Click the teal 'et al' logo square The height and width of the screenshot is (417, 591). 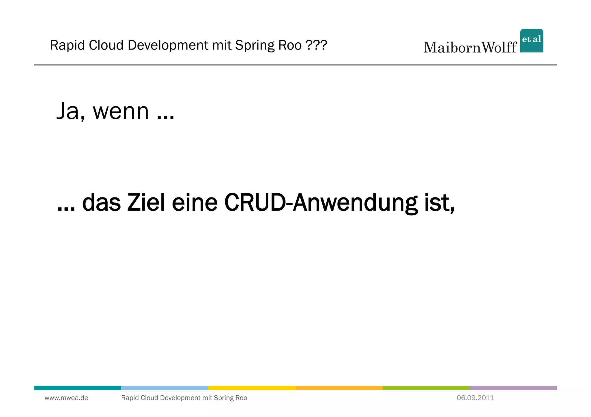coord(531,41)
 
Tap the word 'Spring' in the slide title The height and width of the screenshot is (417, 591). coord(254,45)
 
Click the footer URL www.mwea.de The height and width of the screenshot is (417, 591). coord(66,398)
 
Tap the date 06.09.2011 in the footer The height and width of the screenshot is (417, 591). coord(475,398)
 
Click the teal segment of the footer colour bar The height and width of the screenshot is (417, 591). coord(77,388)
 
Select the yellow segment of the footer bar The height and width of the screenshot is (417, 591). coord(252,388)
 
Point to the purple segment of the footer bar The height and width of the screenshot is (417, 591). coord(513,388)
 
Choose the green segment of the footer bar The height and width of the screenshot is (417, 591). coord(426,388)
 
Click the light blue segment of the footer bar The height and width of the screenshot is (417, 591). coord(164,388)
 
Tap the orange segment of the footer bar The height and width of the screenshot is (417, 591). coord(339,388)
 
